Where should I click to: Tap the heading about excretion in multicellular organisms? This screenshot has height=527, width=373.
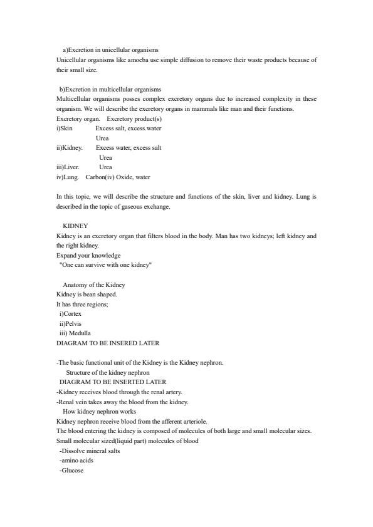[x=110, y=89]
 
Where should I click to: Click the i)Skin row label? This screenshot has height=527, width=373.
[x=65, y=128]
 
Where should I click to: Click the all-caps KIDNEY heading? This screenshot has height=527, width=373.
[x=75, y=226]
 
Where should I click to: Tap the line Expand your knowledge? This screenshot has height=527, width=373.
[x=88, y=256]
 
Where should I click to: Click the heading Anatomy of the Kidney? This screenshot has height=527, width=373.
[x=94, y=284]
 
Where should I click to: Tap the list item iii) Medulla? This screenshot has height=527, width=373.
[x=75, y=333]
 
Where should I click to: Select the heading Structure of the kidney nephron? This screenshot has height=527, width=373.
[x=108, y=372]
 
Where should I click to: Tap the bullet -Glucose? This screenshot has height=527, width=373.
[x=71, y=471]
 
